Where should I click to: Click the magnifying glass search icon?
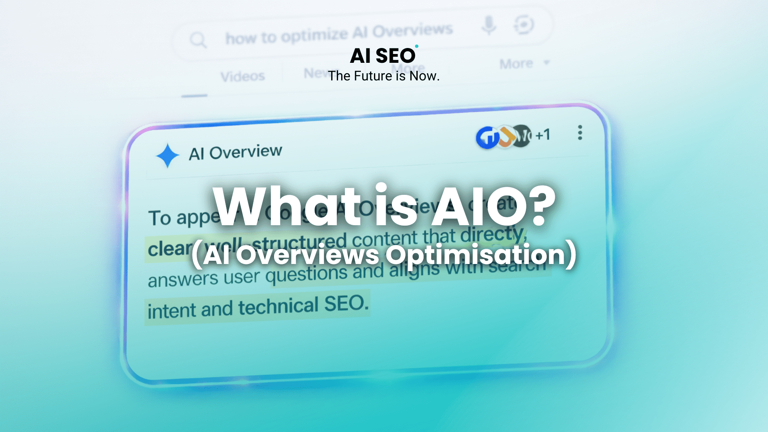click(x=198, y=40)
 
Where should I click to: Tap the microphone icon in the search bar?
click(x=489, y=26)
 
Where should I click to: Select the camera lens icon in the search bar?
click(x=524, y=25)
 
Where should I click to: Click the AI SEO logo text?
click(x=383, y=56)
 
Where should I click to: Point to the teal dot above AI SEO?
click(x=416, y=46)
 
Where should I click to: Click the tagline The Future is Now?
click(x=384, y=76)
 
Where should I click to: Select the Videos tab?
click(x=243, y=76)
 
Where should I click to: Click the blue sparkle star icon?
click(x=167, y=155)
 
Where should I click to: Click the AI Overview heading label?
click(x=235, y=152)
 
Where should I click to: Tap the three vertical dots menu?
click(x=580, y=132)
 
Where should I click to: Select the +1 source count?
click(x=543, y=135)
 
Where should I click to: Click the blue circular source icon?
click(x=487, y=138)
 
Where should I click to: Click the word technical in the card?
click(x=278, y=307)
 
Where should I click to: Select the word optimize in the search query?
click(x=314, y=35)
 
